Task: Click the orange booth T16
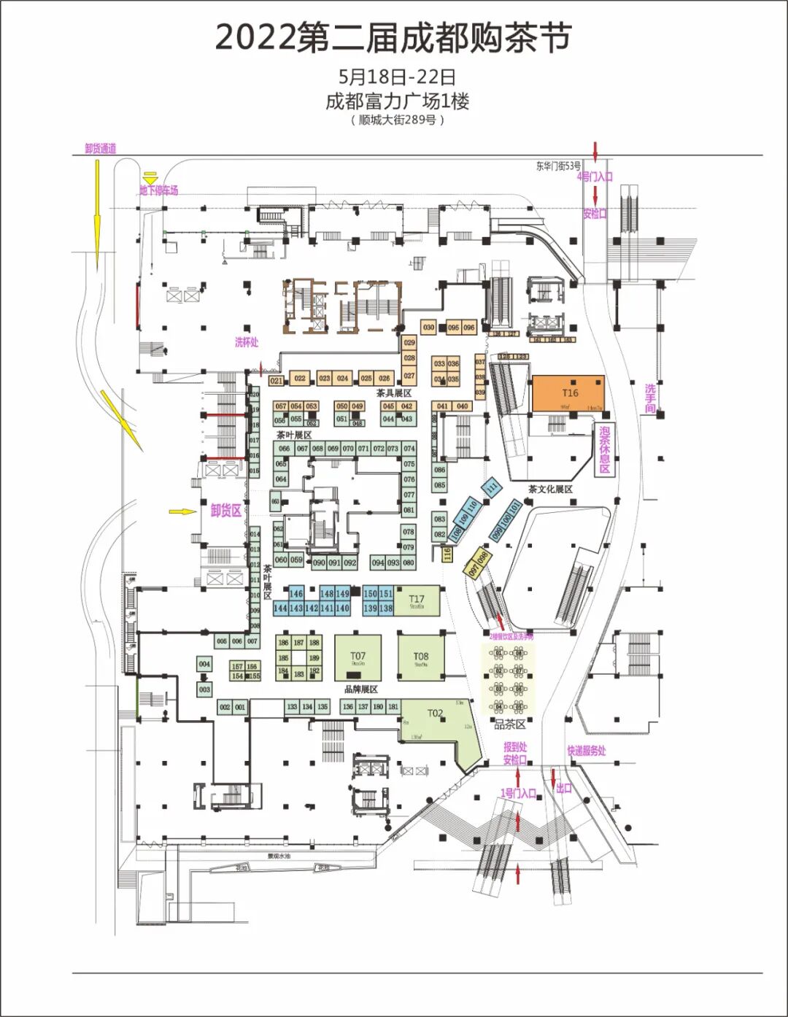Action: [x=568, y=393]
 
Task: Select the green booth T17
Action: [x=417, y=601]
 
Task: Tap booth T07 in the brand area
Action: [x=358, y=657]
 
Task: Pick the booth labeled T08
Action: [x=421, y=657]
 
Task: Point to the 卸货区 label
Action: [x=225, y=511]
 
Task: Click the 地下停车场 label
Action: [x=158, y=190]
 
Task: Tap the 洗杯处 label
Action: [x=247, y=341]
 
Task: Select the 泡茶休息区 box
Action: [x=605, y=449]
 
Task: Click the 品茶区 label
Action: [x=510, y=724]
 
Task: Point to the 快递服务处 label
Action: [x=587, y=751]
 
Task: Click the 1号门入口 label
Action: [x=518, y=793]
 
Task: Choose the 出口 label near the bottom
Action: [x=564, y=789]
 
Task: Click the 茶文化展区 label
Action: [x=550, y=489]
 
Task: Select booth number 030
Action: [x=428, y=328]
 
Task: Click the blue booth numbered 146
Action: [x=295, y=594]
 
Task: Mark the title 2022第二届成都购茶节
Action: [x=393, y=38]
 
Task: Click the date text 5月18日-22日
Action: [x=397, y=77]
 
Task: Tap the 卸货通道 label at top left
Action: [x=101, y=149]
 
